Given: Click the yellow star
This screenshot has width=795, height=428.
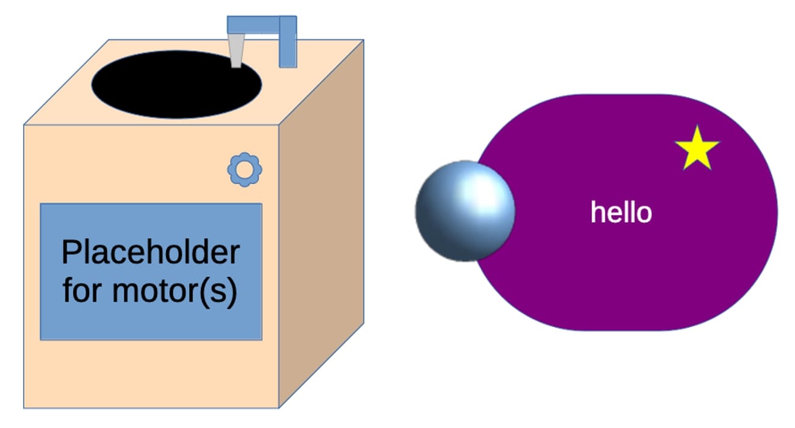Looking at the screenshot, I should (697, 149).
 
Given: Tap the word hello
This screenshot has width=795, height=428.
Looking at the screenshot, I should (621, 213).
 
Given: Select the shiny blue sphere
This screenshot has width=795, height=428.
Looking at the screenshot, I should (465, 211).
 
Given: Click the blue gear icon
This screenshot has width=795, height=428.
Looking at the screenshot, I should (245, 169).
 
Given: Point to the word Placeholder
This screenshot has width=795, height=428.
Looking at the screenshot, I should (150, 253).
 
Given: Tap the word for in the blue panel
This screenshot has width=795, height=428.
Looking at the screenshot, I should (83, 292).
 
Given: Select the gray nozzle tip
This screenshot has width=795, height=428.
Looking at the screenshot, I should (236, 51).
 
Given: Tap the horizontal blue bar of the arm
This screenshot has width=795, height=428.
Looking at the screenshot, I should (253, 24).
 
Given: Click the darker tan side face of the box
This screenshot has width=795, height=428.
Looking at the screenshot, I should (321, 232).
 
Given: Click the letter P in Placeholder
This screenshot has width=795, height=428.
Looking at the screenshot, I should (71, 253).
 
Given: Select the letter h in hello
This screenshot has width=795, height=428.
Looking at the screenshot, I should (597, 212).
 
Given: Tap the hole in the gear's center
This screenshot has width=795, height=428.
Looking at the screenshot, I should (245, 169).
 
